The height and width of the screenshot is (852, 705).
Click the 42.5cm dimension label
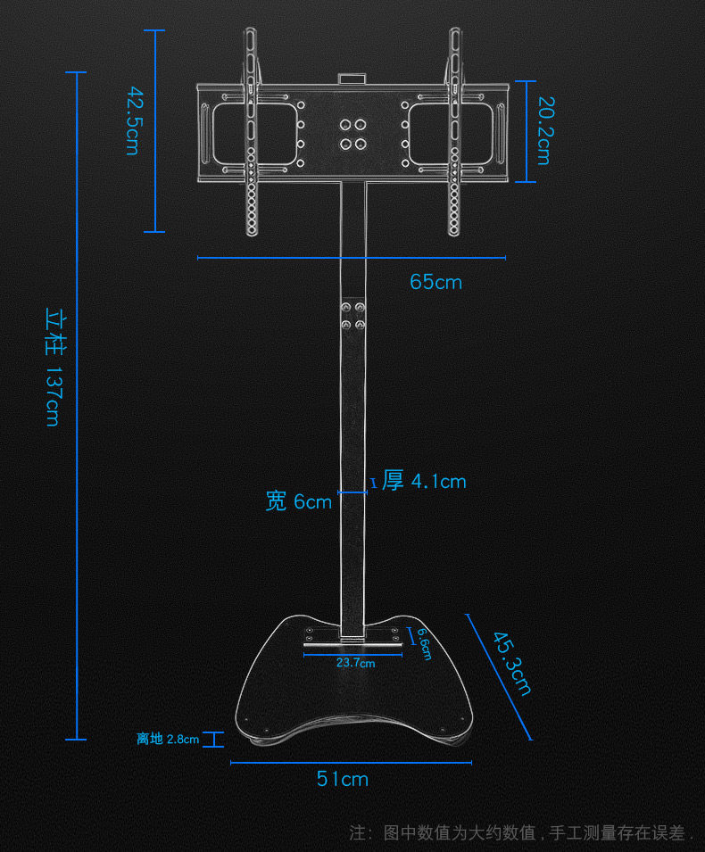click(x=132, y=120)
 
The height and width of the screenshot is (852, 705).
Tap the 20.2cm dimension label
click(x=543, y=131)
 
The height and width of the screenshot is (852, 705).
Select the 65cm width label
click(x=436, y=282)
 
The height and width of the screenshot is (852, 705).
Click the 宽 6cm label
click(x=299, y=501)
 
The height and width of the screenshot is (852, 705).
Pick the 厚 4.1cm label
click(x=424, y=481)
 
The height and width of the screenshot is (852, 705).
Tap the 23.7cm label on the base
click(x=355, y=663)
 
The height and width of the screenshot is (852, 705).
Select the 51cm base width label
click(x=343, y=779)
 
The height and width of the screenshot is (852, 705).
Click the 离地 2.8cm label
click(x=168, y=739)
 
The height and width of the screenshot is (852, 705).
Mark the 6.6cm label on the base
click(x=425, y=644)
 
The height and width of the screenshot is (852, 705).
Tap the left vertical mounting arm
click(x=251, y=134)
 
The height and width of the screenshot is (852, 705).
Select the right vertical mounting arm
click(x=454, y=134)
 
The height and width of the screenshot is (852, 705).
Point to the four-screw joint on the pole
click(x=353, y=317)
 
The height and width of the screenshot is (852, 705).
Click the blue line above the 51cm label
click(x=351, y=762)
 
